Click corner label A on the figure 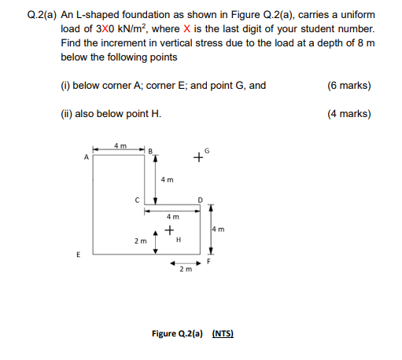click(x=87, y=157)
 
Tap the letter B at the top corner click(x=150, y=152)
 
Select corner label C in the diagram click(x=137, y=200)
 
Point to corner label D click(x=201, y=200)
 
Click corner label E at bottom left click(x=78, y=255)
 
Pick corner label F click(x=208, y=261)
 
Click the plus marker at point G click(x=198, y=157)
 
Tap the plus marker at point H click(x=169, y=230)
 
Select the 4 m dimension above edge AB click(x=120, y=145)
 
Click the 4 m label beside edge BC click(x=168, y=180)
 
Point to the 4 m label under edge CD click(x=173, y=217)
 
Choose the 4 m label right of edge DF click(x=218, y=230)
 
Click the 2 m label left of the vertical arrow click(x=141, y=241)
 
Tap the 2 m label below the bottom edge click(x=186, y=269)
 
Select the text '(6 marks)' click(x=349, y=86)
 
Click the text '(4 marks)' click(x=349, y=114)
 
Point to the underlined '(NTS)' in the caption click(x=223, y=333)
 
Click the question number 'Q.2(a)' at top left click(x=42, y=15)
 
